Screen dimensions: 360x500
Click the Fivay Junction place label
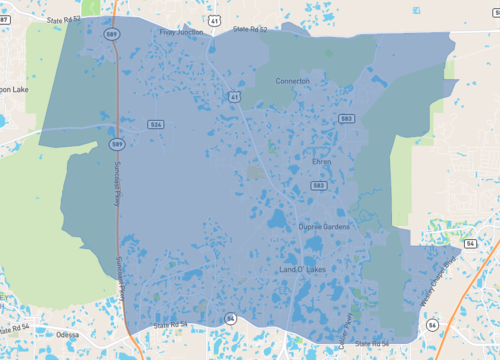[x=181, y=32]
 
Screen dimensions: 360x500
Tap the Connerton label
[x=292, y=81]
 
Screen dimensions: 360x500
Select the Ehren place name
[x=321, y=160]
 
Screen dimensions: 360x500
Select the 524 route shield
[x=155, y=125]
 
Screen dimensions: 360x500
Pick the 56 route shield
[x=432, y=325]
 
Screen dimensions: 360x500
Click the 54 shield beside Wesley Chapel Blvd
[x=470, y=243]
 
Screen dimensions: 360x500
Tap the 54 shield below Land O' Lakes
[x=230, y=318]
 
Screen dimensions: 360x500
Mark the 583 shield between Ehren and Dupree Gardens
[x=318, y=185]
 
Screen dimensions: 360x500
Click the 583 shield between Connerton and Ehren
[x=346, y=118]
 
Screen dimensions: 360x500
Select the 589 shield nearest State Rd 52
[x=111, y=34]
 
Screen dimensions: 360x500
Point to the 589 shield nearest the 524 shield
[x=117, y=144]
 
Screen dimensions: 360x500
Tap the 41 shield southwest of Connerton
[x=233, y=97]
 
